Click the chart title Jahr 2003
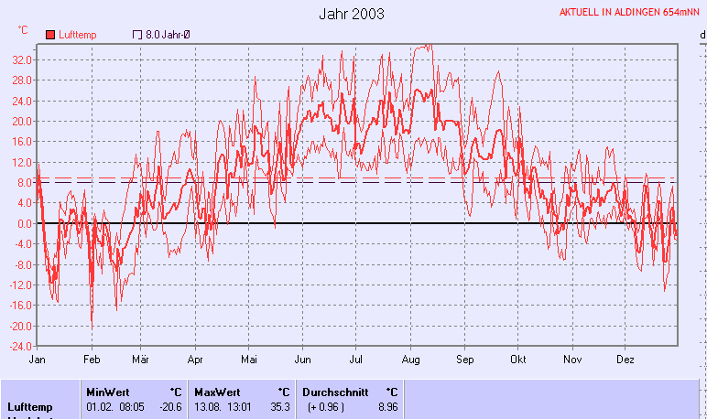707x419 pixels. pos(352,14)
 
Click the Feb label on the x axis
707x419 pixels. pos(91,360)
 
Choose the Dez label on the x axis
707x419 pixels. pos(625,360)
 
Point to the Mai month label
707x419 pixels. pos(250,360)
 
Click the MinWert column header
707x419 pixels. pos(108,392)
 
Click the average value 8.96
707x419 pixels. pos(387,406)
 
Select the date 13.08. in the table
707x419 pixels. pos(209,406)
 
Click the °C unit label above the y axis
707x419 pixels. pos(23,29)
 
